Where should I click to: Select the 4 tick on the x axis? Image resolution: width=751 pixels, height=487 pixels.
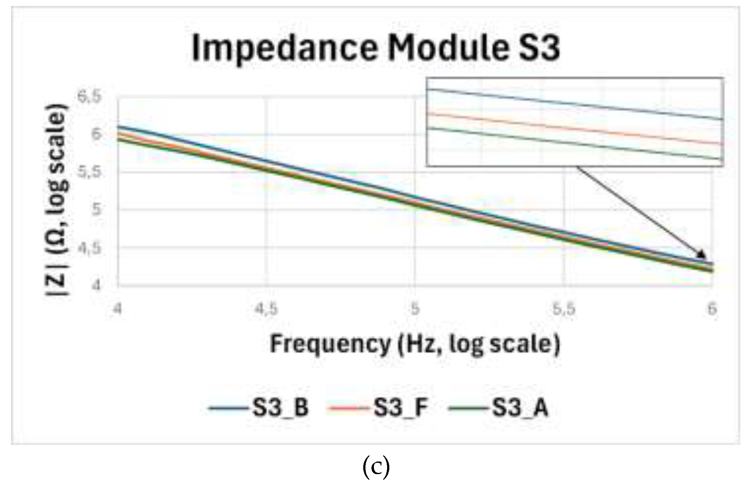pos(117,309)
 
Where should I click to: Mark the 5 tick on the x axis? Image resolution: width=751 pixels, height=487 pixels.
pos(415,309)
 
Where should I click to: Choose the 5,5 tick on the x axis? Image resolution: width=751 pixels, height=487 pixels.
pos(564,309)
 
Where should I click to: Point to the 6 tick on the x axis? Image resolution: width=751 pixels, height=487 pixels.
pos(712,309)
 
